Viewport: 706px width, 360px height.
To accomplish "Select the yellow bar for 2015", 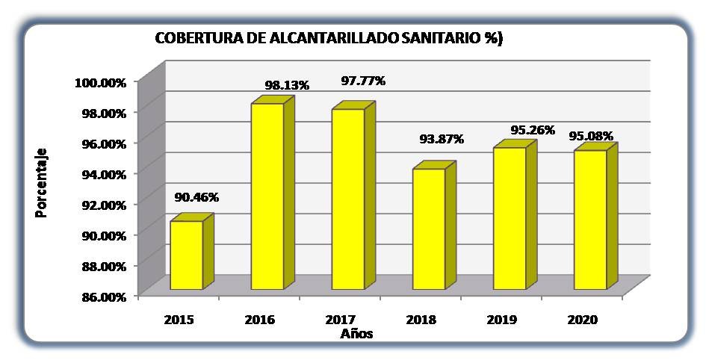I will (187, 255).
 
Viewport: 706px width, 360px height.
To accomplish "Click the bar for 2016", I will (267, 196).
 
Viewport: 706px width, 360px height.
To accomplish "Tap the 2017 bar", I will (348, 199).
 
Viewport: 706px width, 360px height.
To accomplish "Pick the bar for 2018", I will (429, 229).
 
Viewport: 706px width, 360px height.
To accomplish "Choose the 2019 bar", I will (510, 218).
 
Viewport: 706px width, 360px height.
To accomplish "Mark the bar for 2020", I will (590, 220).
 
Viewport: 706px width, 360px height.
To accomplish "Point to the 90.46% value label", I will (196, 197).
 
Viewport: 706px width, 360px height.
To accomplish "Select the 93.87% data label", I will (442, 139).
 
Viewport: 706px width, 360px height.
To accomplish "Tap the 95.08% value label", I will (591, 136).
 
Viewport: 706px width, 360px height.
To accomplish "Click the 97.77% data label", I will (363, 81).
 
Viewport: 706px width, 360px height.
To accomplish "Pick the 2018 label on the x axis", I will (421, 320).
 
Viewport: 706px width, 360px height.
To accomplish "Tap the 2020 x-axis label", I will (582, 320).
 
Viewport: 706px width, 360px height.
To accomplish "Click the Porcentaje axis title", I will (41, 182).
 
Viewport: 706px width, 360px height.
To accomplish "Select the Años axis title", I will (356, 334).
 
